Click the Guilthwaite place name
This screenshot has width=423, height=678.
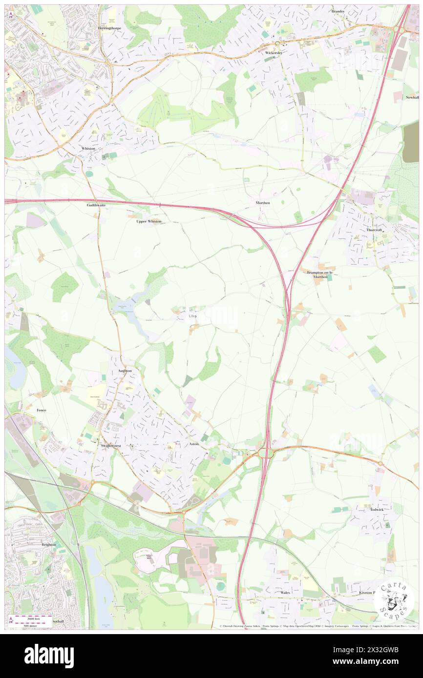click(x=96, y=205)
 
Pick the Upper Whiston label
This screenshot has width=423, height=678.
click(x=148, y=221)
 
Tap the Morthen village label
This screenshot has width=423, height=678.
click(x=262, y=202)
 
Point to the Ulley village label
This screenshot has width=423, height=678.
click(x=192, y=316)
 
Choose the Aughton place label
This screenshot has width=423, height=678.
click(x=125, y=371)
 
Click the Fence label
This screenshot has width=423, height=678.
click(x=41, y=410)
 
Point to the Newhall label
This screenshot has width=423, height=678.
click(x=412, y=98)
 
